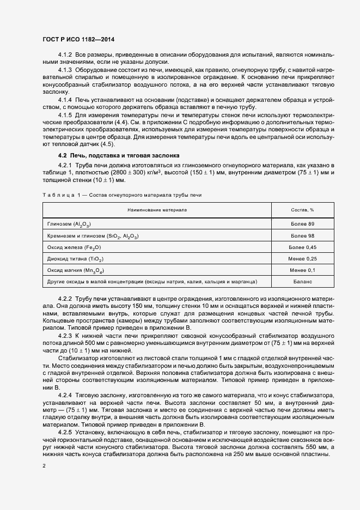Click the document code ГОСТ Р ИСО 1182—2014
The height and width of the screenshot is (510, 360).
[x=78, y=39]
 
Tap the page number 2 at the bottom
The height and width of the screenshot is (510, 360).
[x=45, y=466]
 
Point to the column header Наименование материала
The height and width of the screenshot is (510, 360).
[x=157, y=209]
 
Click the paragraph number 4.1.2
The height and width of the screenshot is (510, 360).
[x=65, y=56]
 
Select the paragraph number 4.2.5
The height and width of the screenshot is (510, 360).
[x=65, y=431]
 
